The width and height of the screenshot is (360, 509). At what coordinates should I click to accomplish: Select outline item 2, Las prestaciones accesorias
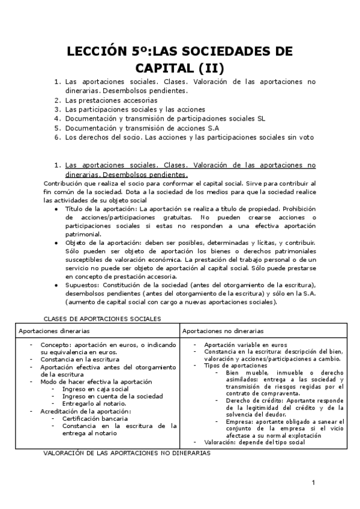pyautogui.click(x=111, y=100)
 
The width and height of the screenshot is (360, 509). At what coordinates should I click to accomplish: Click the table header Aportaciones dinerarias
pyautogui.click(x=55, y=331)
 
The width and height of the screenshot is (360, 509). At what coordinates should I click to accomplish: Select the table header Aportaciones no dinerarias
pyautogui.click(x=223, y=331)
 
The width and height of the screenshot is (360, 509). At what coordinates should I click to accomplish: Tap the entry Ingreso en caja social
pyautogui.click(x=96, y=389)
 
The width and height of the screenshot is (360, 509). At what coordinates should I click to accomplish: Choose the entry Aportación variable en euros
pyautogui.click(x=245, y=345)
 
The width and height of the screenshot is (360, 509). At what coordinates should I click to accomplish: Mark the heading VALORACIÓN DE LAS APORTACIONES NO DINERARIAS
pyautogui.click(x=127, y=454)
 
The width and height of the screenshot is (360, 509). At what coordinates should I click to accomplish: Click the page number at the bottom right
pyautogui.click(x=313, y=483)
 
